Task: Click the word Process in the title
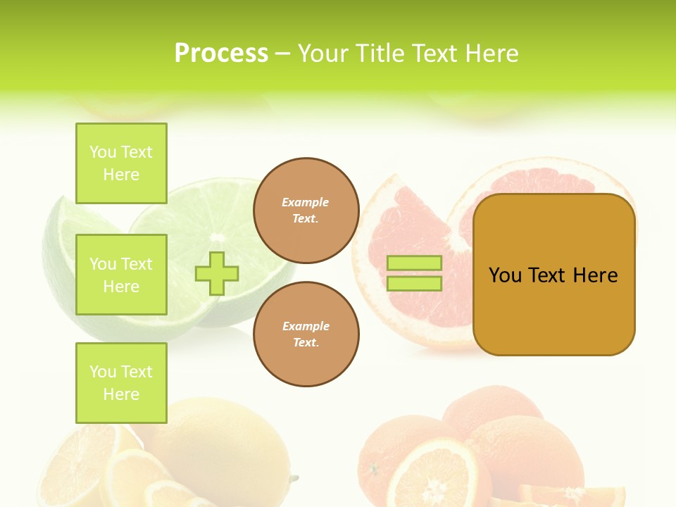click(221, 54)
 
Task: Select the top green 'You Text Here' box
click(121, 163)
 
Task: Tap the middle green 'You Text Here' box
click(121, 275)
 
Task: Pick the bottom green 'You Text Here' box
click(121, 383)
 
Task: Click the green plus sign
click(217, 273)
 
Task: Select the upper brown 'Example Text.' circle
click(306, 210)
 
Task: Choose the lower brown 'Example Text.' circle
click(306, 334)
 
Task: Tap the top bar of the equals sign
click(414, 263)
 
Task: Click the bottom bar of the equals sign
click(414, 284)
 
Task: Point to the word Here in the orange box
click(595, 275)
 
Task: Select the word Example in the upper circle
click(306, 202)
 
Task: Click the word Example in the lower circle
click(306, 326)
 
